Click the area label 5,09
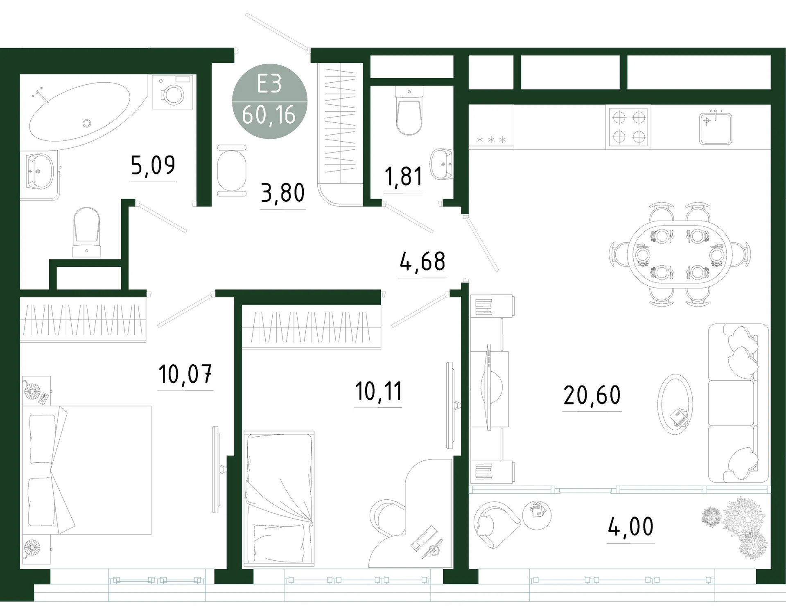(x=153, y=165)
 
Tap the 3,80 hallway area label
(x=283, y=193)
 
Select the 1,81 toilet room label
(x=403, y=176)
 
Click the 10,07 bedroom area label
(x=185, y=374)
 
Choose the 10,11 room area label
(x=379, y=391)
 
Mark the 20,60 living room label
(x=592, y=395)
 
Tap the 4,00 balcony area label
(x=630, y=527)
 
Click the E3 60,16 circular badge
(x=270, y=101)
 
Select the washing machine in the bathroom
(x=172, y=92)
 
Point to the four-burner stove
(x=628, y=127)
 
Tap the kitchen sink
(x=716, y=127)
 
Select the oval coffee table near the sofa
(x=675, y=404)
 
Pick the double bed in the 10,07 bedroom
(x=87, y=470)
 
